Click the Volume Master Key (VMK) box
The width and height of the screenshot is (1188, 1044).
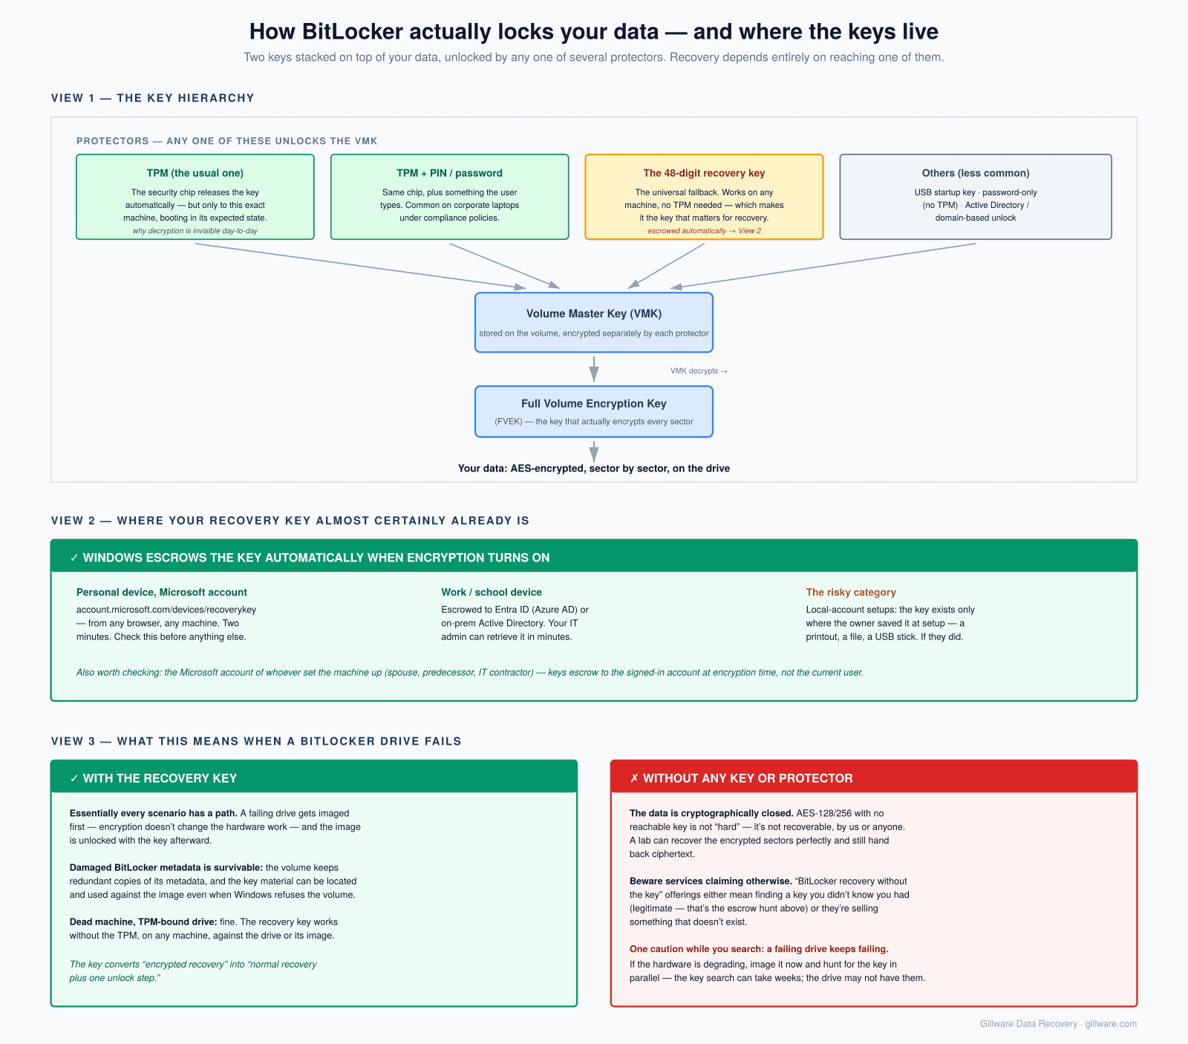pos(594,322)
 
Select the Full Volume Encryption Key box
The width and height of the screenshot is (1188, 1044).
pos(594,411)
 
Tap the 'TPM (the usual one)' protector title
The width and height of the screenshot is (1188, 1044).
pos(195,173)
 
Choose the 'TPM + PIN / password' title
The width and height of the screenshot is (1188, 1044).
pos(449,173)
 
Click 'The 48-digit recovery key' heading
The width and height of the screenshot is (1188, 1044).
pos(704,173)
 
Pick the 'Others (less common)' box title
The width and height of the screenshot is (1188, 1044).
pos(976,173)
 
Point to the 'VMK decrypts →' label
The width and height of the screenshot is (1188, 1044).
pos(699,371)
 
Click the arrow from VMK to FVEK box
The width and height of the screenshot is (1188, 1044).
pos(594,369)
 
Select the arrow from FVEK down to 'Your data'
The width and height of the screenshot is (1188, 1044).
pos(594,451)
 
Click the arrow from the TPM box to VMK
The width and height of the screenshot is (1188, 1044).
pos(361,266)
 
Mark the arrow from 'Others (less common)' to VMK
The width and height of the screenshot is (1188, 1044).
pos(823,266)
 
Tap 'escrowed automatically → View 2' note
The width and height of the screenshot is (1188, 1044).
pos(704,231)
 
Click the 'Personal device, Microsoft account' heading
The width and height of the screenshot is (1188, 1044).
pos(162,593)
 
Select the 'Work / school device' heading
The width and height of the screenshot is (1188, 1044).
pos(492,593)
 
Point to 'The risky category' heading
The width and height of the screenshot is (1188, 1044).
pos(851,593)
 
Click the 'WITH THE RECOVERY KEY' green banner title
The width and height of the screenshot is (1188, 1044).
pos(160,778)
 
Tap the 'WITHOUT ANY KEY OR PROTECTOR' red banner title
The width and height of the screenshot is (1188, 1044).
pos(748,778)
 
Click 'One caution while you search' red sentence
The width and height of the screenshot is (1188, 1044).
pos(759,949)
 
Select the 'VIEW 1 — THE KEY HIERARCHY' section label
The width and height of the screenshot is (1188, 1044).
pos(153,98)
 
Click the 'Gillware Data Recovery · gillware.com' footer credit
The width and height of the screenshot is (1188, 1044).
pos(1058,1024)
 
